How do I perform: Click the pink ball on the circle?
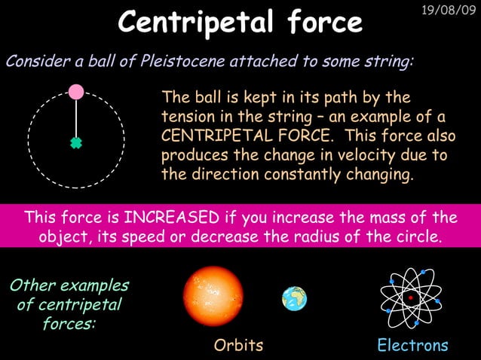click(x=76, y=92)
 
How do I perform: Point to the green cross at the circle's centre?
click(x=75, y=142)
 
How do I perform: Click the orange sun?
click(x=214, y=296)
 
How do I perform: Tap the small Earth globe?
click(x=294, y=299)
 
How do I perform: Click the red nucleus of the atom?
click(x=410, y=298)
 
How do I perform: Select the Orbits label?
click(x=239, y=346)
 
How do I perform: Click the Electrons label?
click(x=412, y=346)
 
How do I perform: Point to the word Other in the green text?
click(x=32, y=286)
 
